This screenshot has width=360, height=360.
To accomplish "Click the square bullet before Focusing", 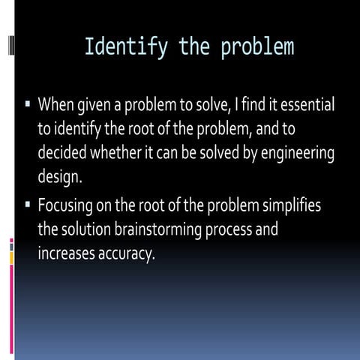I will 26,204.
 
